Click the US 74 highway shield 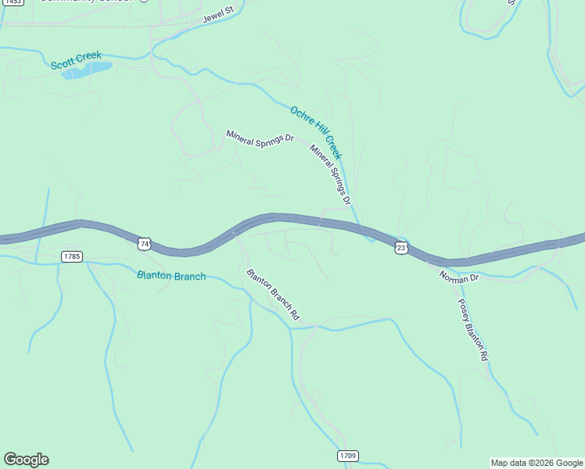(144, 244)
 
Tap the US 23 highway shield (401, 247)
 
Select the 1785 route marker (71, 256)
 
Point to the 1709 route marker (349, 455)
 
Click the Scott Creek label (76, 60)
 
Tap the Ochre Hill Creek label (316, 132)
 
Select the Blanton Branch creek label (171, 276)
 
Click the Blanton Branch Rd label (273, 295)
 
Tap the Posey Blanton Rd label (472, 329)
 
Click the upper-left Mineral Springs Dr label (260, 135)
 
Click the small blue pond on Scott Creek (86, 71)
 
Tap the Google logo (26, 460)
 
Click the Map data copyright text (537, 463)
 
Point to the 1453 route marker (11, 2)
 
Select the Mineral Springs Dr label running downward (329, 176)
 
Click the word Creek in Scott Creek (88, 57)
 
